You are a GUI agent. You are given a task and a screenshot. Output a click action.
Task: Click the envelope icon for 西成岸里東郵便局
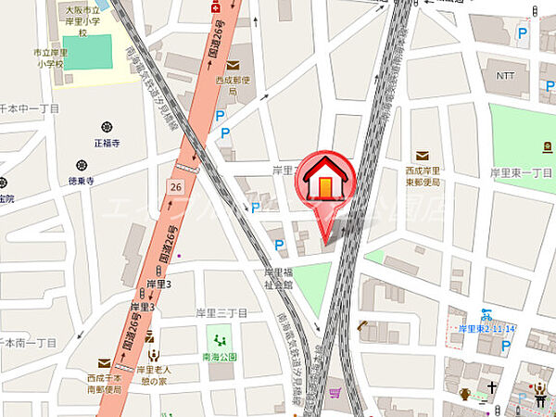[422, 155]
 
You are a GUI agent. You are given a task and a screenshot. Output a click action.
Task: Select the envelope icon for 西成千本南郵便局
[104, 364]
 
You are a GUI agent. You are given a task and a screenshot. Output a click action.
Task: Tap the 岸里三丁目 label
[221, 313]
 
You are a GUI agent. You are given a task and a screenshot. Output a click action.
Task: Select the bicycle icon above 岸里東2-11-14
[485, 314]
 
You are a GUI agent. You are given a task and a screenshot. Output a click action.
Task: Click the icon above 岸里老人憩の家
[154, 353]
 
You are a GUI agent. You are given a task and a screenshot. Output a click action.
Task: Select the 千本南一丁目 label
[28, 343]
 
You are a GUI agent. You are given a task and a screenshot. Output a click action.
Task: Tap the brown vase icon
[465, 394]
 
